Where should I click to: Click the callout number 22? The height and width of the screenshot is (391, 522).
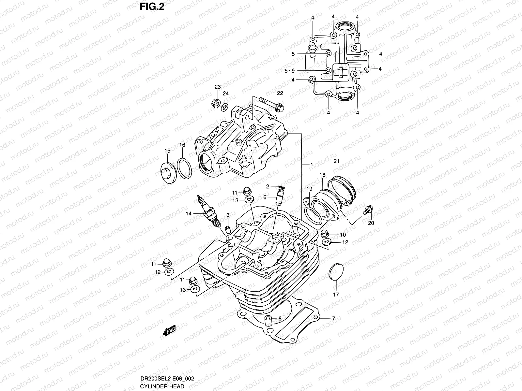tap(280, 94)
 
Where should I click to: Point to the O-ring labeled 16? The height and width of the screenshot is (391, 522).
tap(184, 169)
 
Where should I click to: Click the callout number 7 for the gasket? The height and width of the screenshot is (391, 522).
tap(333, 318)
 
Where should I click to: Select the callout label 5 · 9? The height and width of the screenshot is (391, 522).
tap(289, 70)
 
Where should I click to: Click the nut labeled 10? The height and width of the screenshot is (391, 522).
tap(325, 234)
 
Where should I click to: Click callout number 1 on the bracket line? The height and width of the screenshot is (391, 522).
tap(312, 165)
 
